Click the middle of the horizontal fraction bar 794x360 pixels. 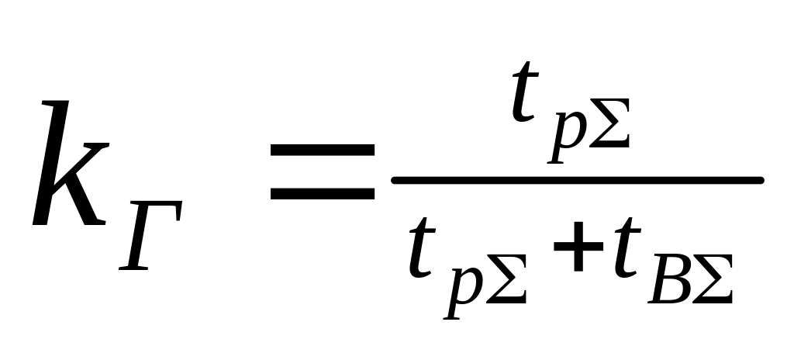coord(578,180)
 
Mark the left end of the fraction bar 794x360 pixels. coord(395,180)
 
